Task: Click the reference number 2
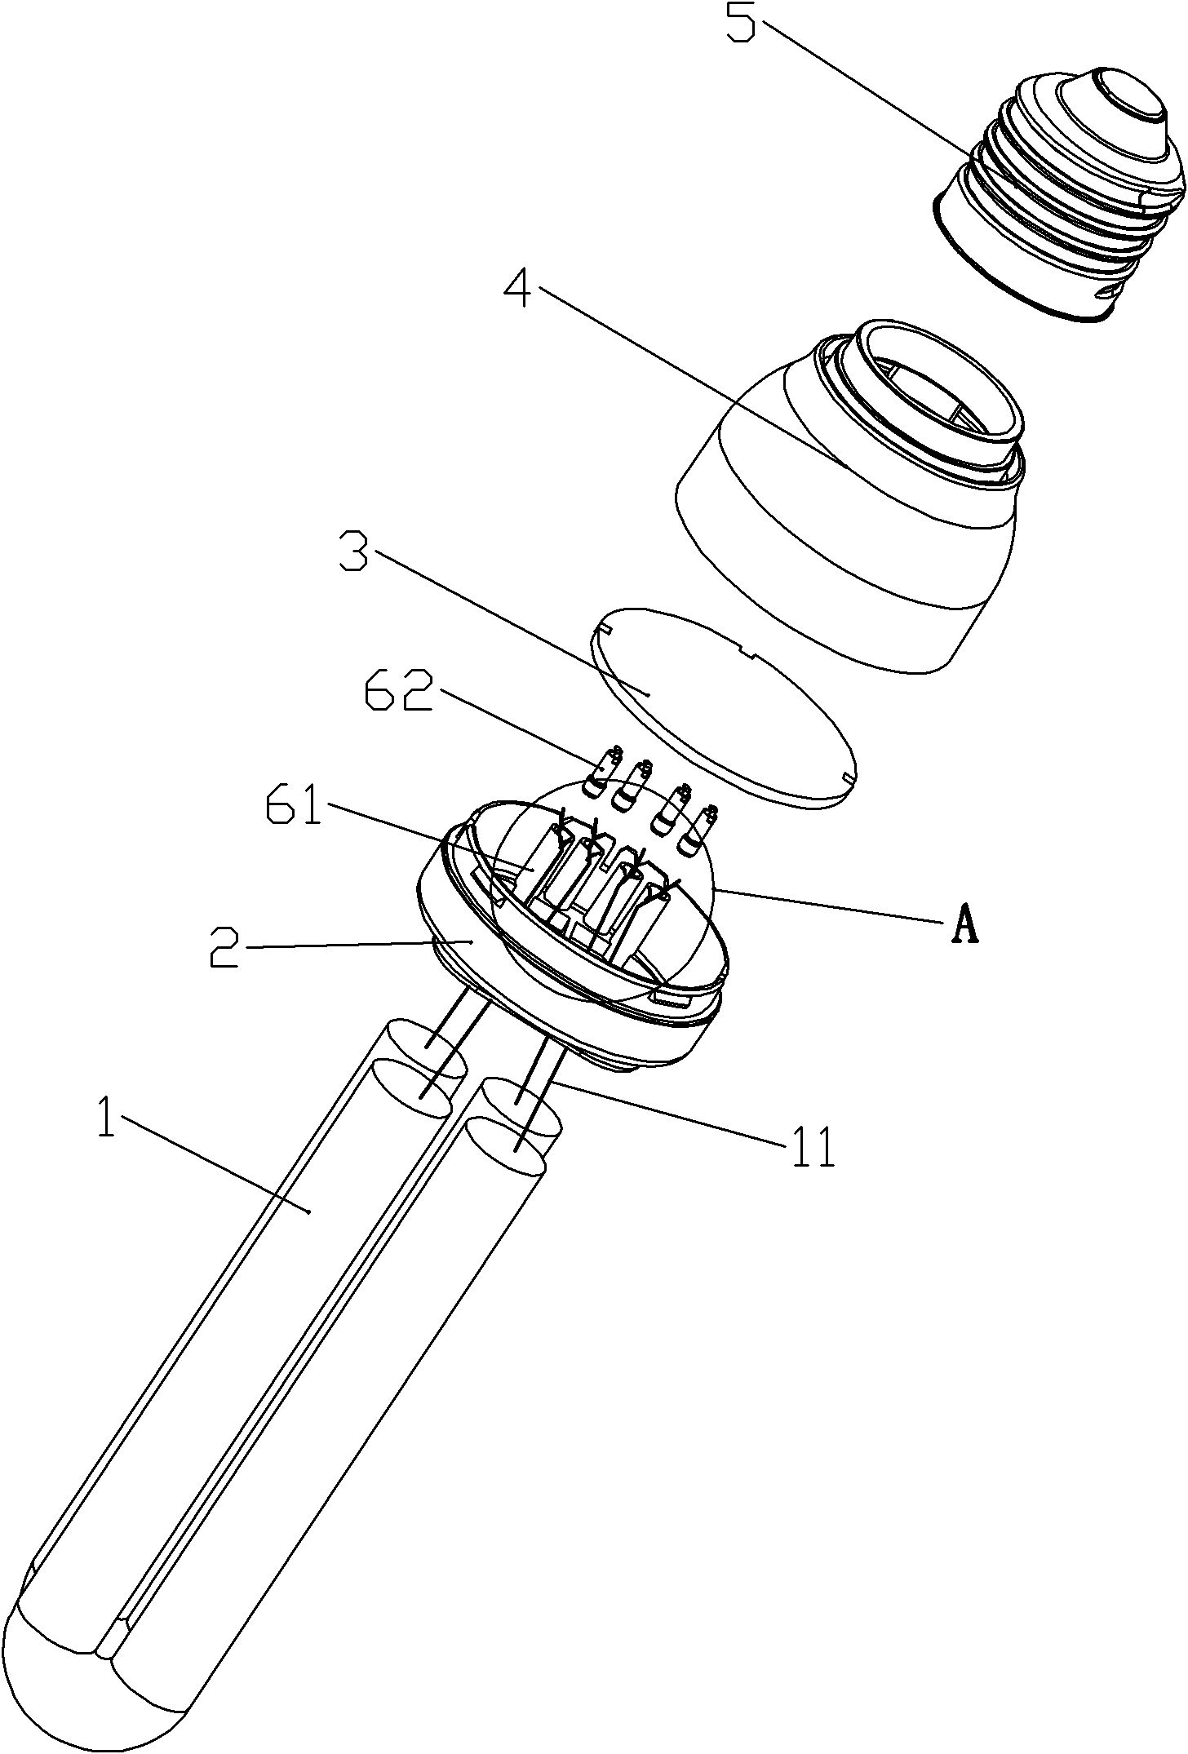[x=224, y=946]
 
